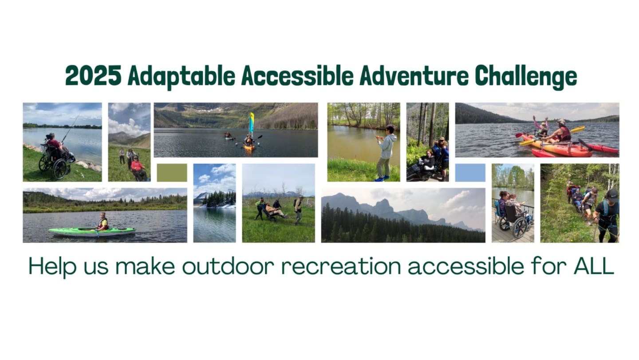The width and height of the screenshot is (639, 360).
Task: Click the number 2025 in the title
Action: click(93, 76)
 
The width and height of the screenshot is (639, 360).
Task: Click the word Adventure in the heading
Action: click(414, 76)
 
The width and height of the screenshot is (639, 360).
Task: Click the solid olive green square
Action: click(172, 172)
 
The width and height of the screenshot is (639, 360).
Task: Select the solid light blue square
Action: click(470, 172)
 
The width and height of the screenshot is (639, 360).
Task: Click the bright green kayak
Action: click(92, 232)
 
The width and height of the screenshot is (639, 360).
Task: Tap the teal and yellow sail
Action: click(251, 123)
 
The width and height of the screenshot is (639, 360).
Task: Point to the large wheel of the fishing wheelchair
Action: click(60, 169)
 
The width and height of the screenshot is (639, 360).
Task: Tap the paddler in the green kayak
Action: click(102, 222)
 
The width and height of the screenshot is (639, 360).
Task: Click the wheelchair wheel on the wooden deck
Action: click(520, 228)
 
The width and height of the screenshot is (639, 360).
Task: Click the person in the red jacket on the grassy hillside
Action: click(138, 168)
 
